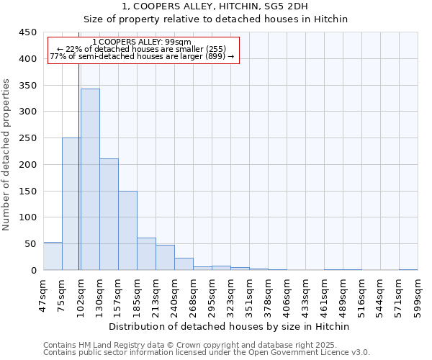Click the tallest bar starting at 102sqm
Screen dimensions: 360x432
90,179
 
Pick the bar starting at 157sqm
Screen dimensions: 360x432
127,230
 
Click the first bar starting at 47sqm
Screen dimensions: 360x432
53,256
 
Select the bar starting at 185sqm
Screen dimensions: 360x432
146,254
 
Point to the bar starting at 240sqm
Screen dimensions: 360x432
184,264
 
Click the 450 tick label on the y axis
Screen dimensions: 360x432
28,32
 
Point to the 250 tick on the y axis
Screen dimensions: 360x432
28,138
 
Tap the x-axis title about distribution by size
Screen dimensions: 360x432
230,326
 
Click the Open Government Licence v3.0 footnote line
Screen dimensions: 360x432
207,353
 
